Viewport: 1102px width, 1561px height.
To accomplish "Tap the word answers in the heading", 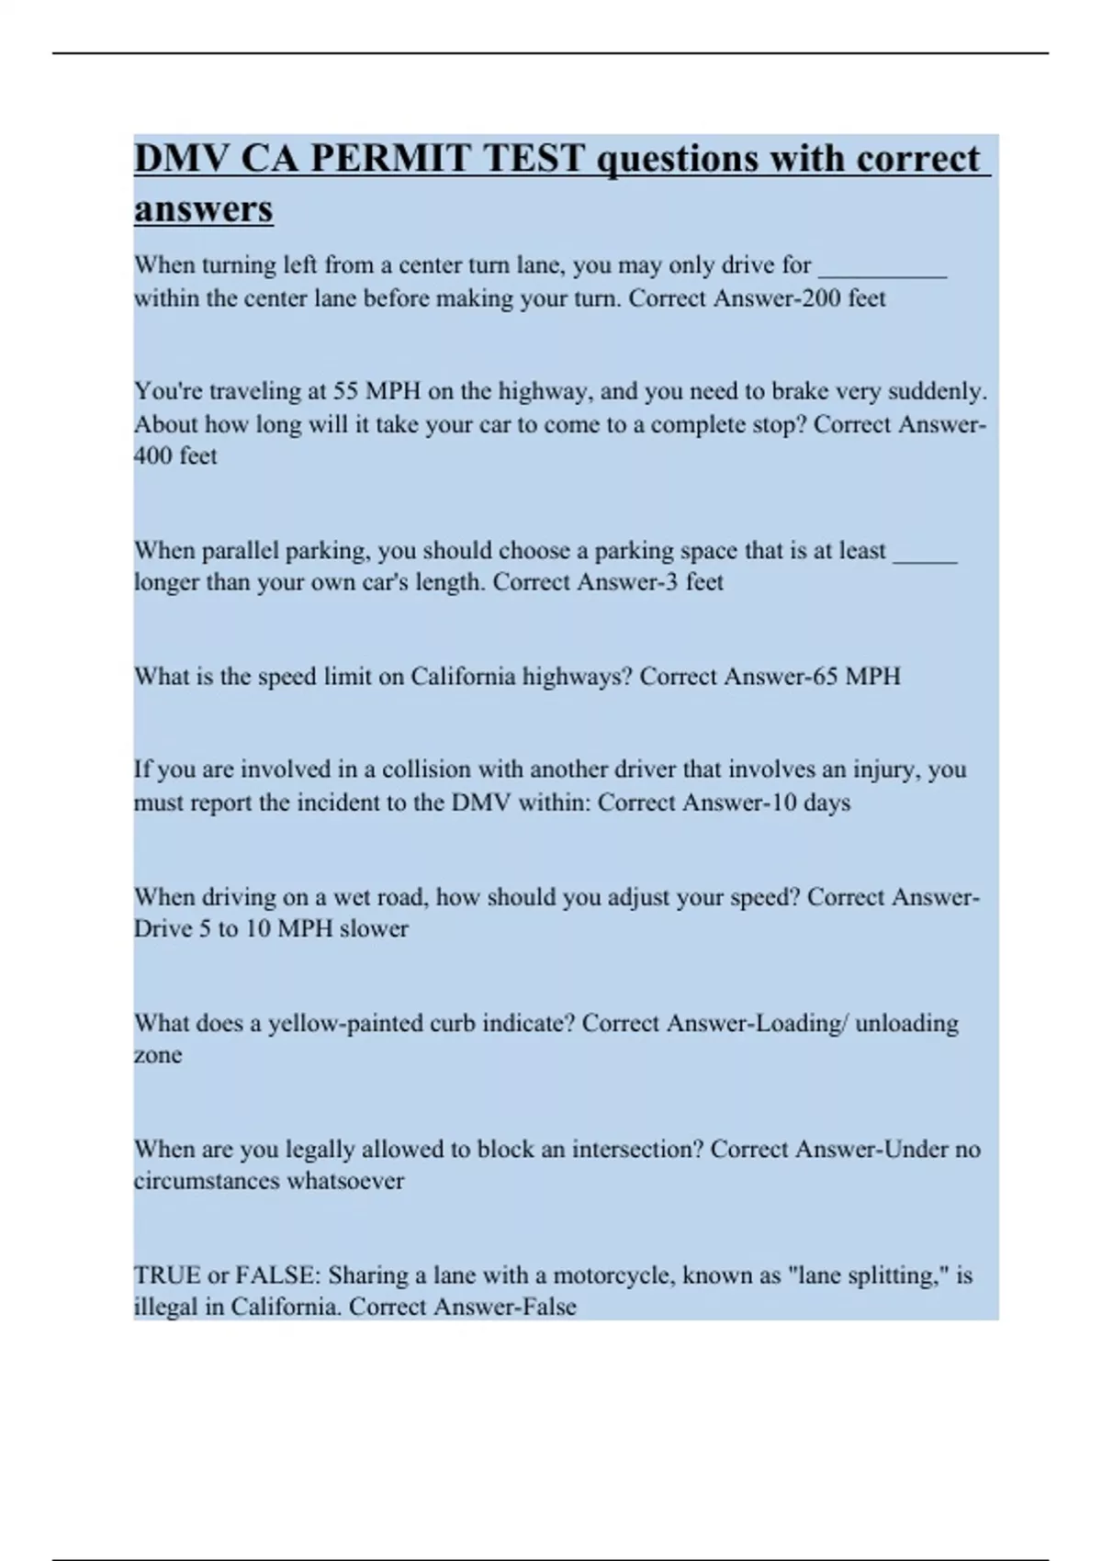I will (203, 208).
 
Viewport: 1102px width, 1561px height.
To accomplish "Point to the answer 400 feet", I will (175, 455).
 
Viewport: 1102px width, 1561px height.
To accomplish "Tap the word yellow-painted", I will (344, 1023).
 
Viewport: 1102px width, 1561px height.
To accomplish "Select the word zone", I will (157, 1055).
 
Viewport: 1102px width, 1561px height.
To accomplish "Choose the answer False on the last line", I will (549, 1307).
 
